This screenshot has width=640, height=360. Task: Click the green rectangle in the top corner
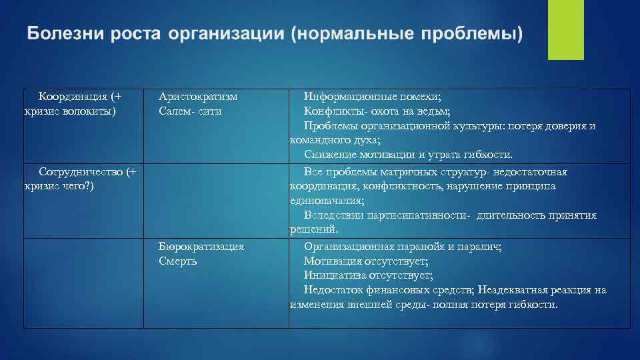565,29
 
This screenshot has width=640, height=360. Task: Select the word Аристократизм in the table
198,96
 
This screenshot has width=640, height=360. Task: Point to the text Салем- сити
190,111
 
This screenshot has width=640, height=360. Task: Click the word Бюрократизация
201,246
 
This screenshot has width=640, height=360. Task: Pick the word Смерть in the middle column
177,261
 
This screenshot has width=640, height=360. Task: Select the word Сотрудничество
79,171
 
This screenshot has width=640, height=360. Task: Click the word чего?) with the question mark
73,186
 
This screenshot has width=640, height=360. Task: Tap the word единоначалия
326,201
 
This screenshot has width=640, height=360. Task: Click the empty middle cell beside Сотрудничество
216,201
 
